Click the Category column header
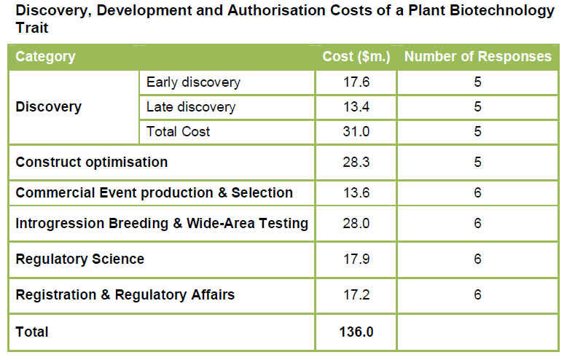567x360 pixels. pyautogui.click(x=45, y=57)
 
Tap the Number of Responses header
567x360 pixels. pyautogui.click(x=477, y=57)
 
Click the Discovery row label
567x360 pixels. pyautogui.click(x=48, y=107)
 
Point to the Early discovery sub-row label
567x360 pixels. pyautogui.click(x=192, y=82)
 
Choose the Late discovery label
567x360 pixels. pyautogui.click(x=190, y=107)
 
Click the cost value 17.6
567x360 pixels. pyautogui.click(x=356, y=82)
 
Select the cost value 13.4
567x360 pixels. pyautogui.click(x=356, y=107)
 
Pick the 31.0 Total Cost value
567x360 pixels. pyautogui.click(x=356, y=132)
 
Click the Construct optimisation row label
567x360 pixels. pyautogui.click(x=91, y=162)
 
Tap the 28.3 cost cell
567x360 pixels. pyautogui.click(x=356, y=162)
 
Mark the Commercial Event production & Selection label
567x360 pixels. pyautogui.click(x=154, y=193)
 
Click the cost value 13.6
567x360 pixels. pyautogui.click(x=356, y=193)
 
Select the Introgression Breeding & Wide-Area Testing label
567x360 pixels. pyautogui.click(x=162, y=224)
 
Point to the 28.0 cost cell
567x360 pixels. pyautogui.click(x=356, y=224)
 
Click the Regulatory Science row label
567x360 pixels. pyautogui.click(x=79, y=259)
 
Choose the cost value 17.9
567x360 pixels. pyautogui.click(x=356, y=259)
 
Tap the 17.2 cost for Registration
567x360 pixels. pyautogui.click(x=356, y=295)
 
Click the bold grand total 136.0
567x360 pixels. pyautogui.click(x=356, y=332)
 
